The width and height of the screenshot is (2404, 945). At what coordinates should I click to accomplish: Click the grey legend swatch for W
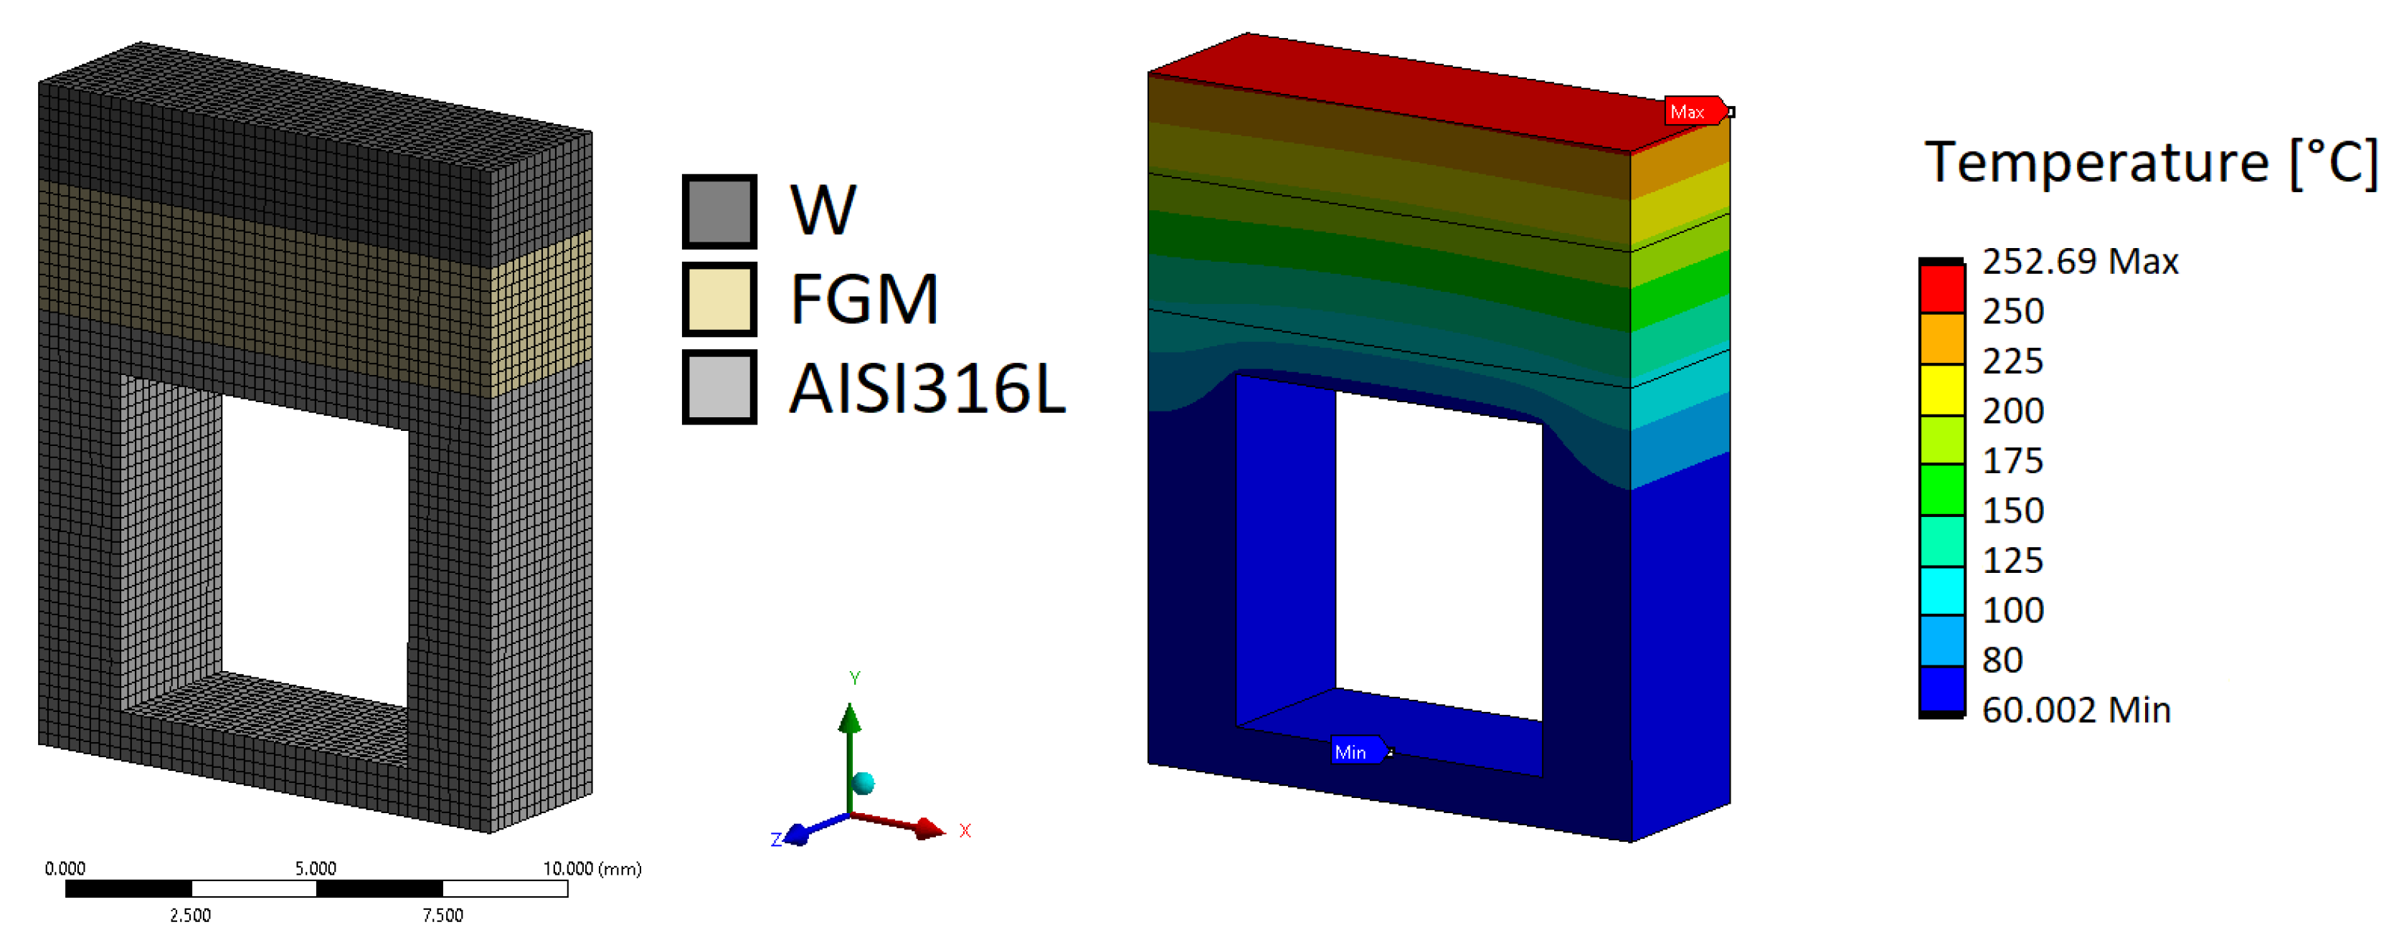[x=719, y=211]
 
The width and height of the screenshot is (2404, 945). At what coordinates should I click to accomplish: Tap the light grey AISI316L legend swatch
[x=719, y=386]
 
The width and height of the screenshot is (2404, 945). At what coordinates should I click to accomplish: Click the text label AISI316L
[x=927, y=388]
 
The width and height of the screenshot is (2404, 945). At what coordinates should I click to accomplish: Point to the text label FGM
[x=864, y=300]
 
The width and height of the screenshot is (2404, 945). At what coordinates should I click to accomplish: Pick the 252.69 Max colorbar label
[x=2079, y=261]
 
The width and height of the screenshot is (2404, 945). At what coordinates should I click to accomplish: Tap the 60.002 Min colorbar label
[x=2076, y=710]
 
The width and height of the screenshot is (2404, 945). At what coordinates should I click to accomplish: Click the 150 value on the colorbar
[x=2013, y=511]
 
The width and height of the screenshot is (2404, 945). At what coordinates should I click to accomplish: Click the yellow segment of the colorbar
[x=1942, y=389]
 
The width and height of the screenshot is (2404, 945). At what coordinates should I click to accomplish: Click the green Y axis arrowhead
[x=849, y=718]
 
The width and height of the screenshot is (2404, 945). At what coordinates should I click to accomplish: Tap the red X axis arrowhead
[x=929, y=828]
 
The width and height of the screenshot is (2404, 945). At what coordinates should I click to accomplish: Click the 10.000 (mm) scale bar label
[x=592, y=868]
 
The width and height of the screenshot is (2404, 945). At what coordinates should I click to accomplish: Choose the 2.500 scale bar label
[x=190, y=915]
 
